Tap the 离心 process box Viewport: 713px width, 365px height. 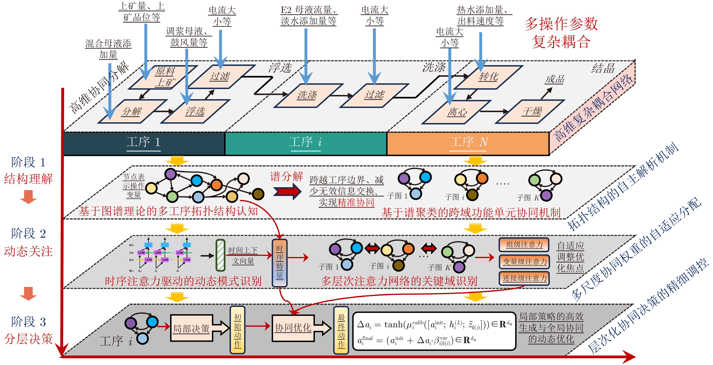click(457, 112)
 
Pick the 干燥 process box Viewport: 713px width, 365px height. click(531, 111)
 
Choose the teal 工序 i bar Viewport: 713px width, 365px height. click(306, 143)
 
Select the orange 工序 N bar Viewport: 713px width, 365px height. click(468, 143)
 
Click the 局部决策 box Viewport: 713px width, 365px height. click(191, 328)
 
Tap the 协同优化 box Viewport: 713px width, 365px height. click(293, 328)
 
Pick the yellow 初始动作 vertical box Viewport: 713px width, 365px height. click(237, 330)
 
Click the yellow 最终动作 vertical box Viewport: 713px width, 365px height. click(341, 330)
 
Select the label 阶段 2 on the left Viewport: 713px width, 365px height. click(28, 234)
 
